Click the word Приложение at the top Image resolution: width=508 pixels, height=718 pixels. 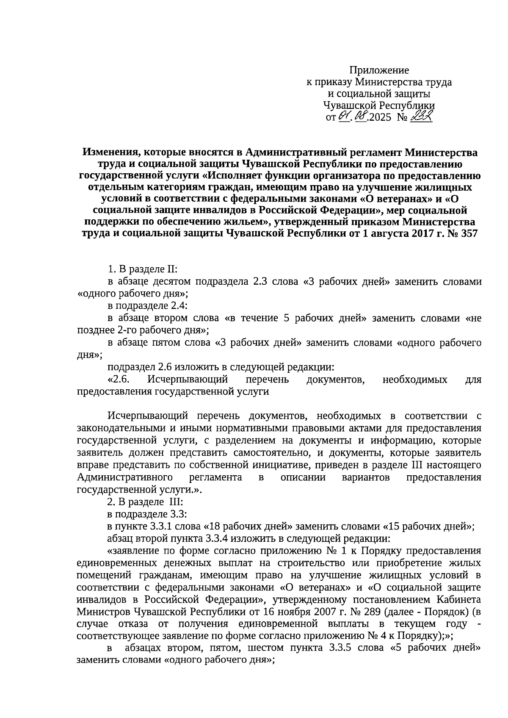(379, 70)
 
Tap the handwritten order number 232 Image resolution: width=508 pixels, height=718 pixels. (421, 116)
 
